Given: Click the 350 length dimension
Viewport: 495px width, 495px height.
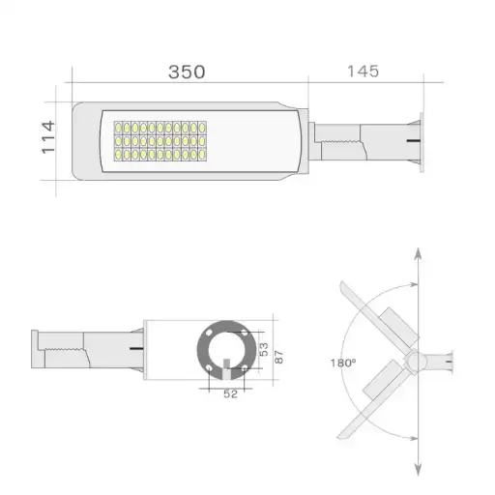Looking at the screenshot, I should click(186, 73).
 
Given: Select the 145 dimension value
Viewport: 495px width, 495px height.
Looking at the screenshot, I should click(360, 73).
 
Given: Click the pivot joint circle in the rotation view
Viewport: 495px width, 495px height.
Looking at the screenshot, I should click(415, 361).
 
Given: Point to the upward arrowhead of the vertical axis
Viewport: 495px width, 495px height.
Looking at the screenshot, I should click(417, 253).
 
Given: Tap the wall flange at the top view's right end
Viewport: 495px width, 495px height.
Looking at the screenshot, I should click(418, 143).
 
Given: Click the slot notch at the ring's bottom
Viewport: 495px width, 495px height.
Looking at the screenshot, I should click(226, 367).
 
